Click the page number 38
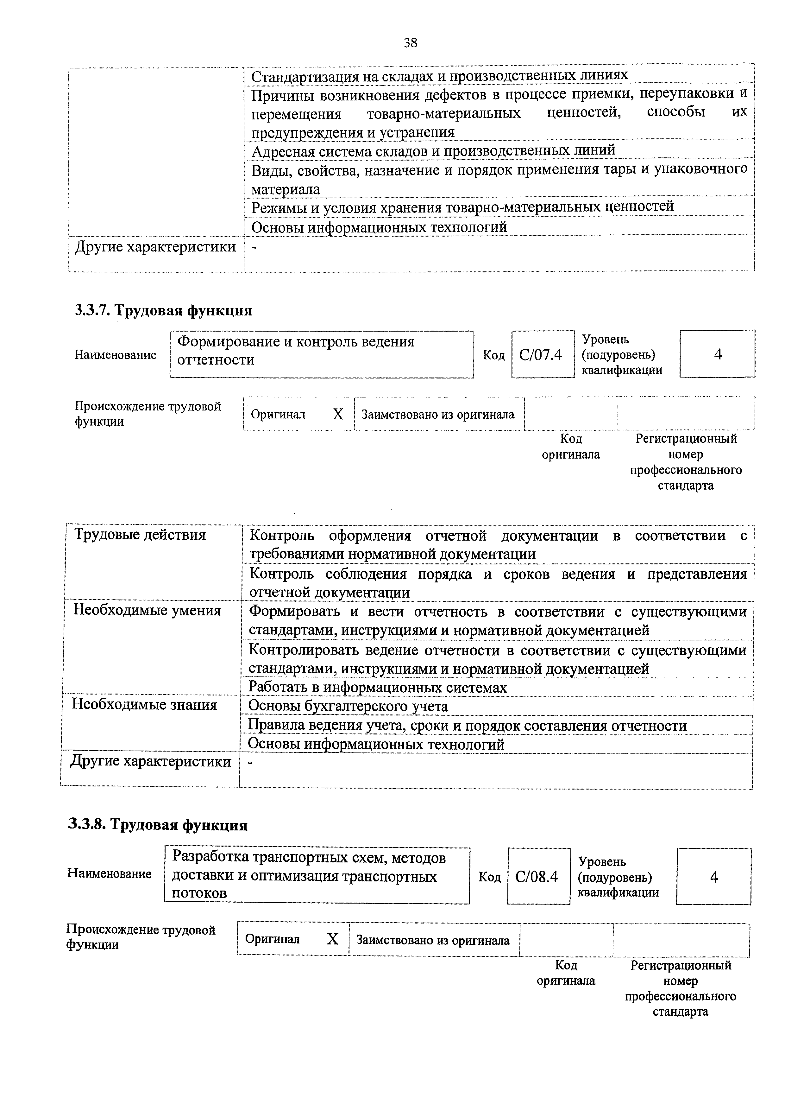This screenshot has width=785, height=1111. [x=410, y=44]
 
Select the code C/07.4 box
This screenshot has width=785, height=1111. [x=542, y=355]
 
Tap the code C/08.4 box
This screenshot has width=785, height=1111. [x=538, y=877]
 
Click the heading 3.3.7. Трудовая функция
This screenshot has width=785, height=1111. [x=163, y=310]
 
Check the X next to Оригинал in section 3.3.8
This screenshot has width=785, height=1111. [x=332, y=939]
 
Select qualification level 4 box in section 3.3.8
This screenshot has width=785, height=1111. [x=713, y=877]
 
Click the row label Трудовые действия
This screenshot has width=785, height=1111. [x=140, y=535]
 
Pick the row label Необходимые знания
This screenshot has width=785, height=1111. [x=144, y=705]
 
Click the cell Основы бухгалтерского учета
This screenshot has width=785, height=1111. [x=348, y=707]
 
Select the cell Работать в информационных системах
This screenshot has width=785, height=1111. [x=377, y=688]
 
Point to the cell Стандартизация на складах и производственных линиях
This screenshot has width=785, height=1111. [x=439, y=75]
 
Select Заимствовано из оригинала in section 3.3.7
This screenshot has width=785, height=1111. [x=438, y=415]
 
